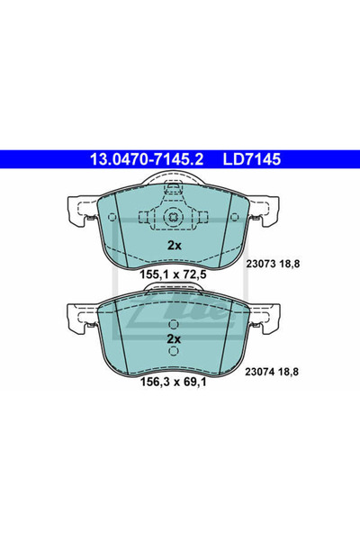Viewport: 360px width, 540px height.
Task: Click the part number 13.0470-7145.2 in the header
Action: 145,159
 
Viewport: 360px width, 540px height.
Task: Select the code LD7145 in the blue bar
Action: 257,159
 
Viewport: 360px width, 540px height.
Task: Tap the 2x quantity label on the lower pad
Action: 174,338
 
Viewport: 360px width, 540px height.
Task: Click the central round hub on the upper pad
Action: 174,217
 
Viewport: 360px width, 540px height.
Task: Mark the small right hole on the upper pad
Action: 203,217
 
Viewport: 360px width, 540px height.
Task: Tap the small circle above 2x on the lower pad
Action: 174,322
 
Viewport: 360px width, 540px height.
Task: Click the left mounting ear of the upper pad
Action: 82,212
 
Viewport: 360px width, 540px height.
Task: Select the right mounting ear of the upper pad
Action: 266,212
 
